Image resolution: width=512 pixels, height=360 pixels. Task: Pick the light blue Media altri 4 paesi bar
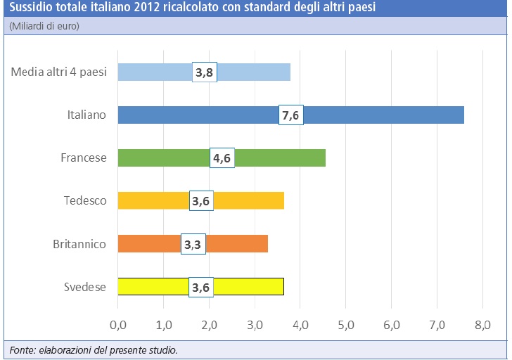tap(253, 72)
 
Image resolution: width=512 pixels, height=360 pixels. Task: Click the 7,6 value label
tap(291, 115)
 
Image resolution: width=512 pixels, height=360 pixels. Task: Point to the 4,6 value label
tap(222, 157)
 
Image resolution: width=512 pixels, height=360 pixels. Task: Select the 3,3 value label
tap(193, 243)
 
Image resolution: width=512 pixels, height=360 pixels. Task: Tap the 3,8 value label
tap(205, 72)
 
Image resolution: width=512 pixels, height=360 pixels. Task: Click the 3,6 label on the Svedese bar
tap(202, 287)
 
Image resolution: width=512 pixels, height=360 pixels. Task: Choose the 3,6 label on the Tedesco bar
tap(202, 200)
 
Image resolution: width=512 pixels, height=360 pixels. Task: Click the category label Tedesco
tap(85, 200)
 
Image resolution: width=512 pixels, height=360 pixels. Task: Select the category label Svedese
tap(85, 287)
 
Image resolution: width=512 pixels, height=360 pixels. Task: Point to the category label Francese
tap(84, 157)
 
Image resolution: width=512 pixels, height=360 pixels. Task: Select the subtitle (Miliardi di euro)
tap(44, 26)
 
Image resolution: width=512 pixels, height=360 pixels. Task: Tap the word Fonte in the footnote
tap(23, 349)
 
